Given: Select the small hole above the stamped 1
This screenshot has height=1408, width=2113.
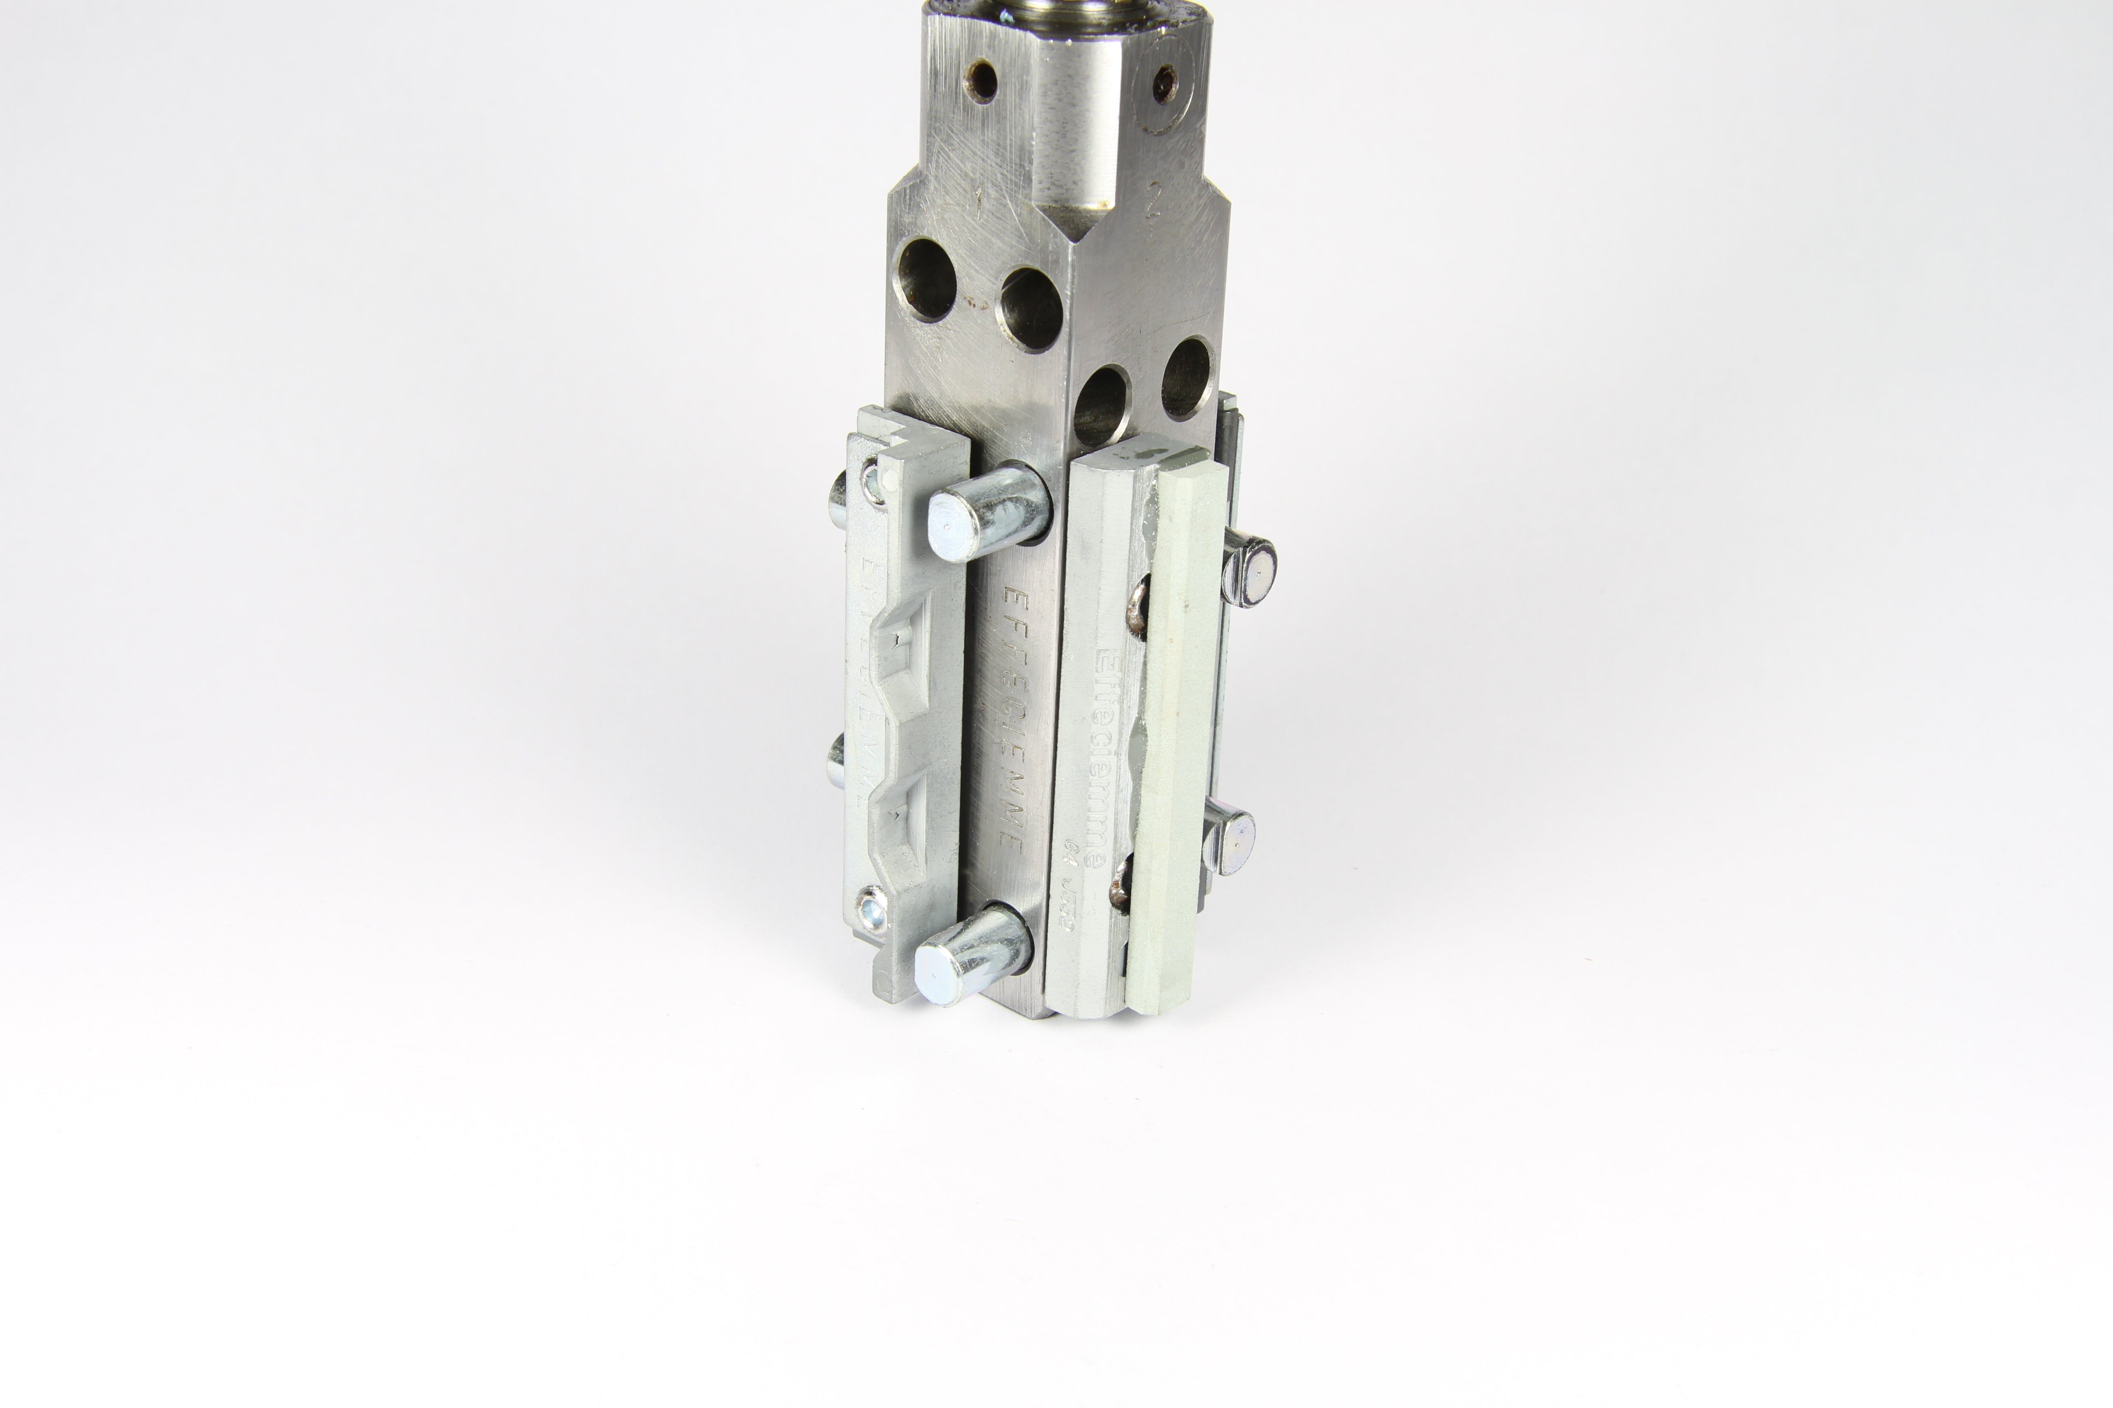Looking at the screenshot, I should coord(982,80).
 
